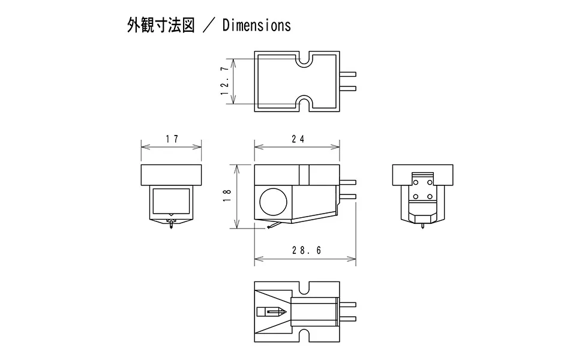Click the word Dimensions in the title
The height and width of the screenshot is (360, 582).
[x=256, y=25]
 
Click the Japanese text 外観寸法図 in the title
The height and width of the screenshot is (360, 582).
[x=161, y=25]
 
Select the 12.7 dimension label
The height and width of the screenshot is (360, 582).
[x=225, y=81]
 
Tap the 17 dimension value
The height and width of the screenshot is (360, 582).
[x=172, y=139]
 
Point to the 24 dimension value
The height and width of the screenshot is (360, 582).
[x=298, y=139]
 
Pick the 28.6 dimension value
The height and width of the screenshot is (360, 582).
[x=307, y=251]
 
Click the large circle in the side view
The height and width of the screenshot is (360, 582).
[x=273, y=200]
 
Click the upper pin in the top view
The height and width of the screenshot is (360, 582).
[x=348, y=75]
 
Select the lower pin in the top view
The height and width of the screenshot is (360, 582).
[x=348, y=89]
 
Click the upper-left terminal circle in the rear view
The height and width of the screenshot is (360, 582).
[x=416, y=182]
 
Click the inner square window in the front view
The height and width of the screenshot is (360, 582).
[x=171, y=200]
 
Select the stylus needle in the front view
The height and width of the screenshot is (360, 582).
[x=172, y=226]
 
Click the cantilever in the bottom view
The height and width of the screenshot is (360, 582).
[x=271, y=311]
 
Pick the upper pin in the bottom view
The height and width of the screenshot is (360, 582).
[x=348, y=304]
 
